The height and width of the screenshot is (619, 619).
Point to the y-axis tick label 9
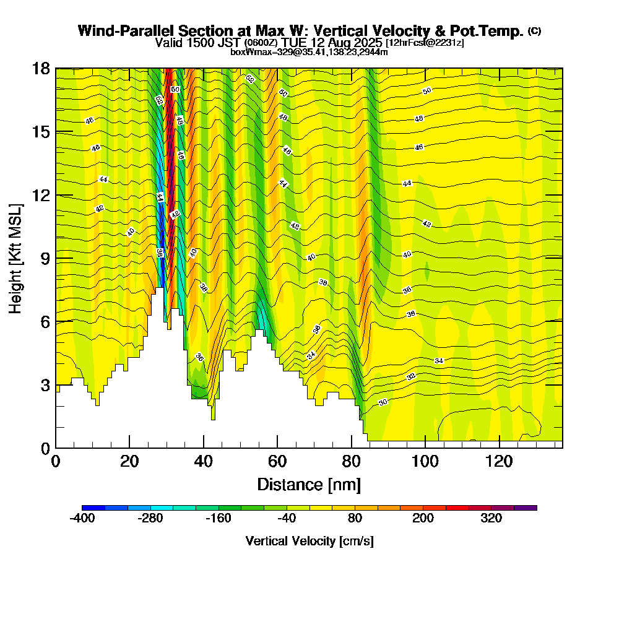(x=45, y=258)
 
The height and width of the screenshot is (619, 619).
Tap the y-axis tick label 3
(x=45, y=385)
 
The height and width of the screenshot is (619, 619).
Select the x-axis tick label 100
(x=425, y=462)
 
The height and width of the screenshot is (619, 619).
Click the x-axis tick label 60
(x=277, y=462)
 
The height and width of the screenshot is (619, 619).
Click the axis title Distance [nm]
(x=309, y=484)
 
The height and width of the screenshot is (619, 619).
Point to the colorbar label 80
(x=355, y=519)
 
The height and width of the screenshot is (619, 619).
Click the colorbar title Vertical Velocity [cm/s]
(x=309, y=541)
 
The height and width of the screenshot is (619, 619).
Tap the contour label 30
(x=383, y=402)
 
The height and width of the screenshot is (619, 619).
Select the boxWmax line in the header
(x=309, y=52)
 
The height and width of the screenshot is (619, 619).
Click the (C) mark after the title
(x=534, y=30)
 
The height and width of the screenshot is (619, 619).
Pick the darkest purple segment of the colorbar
(x=526, y=508)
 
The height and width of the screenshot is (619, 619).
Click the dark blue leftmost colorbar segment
(x=93, y=508)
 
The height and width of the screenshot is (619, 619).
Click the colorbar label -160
(x=219, y=519)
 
